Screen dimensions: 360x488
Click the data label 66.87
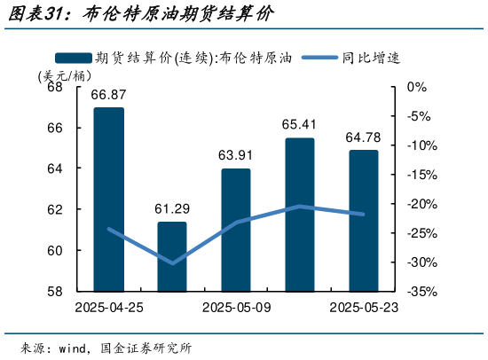108,95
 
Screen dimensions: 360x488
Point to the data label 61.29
172,209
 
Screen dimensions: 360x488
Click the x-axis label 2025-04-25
109,307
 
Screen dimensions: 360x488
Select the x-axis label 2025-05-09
236,307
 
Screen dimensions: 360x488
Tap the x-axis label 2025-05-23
363,307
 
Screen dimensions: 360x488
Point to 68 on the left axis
55,88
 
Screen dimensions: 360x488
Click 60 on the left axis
55,250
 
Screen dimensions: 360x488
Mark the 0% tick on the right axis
416,88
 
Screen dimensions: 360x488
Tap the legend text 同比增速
372,59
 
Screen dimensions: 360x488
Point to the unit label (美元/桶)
58,75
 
